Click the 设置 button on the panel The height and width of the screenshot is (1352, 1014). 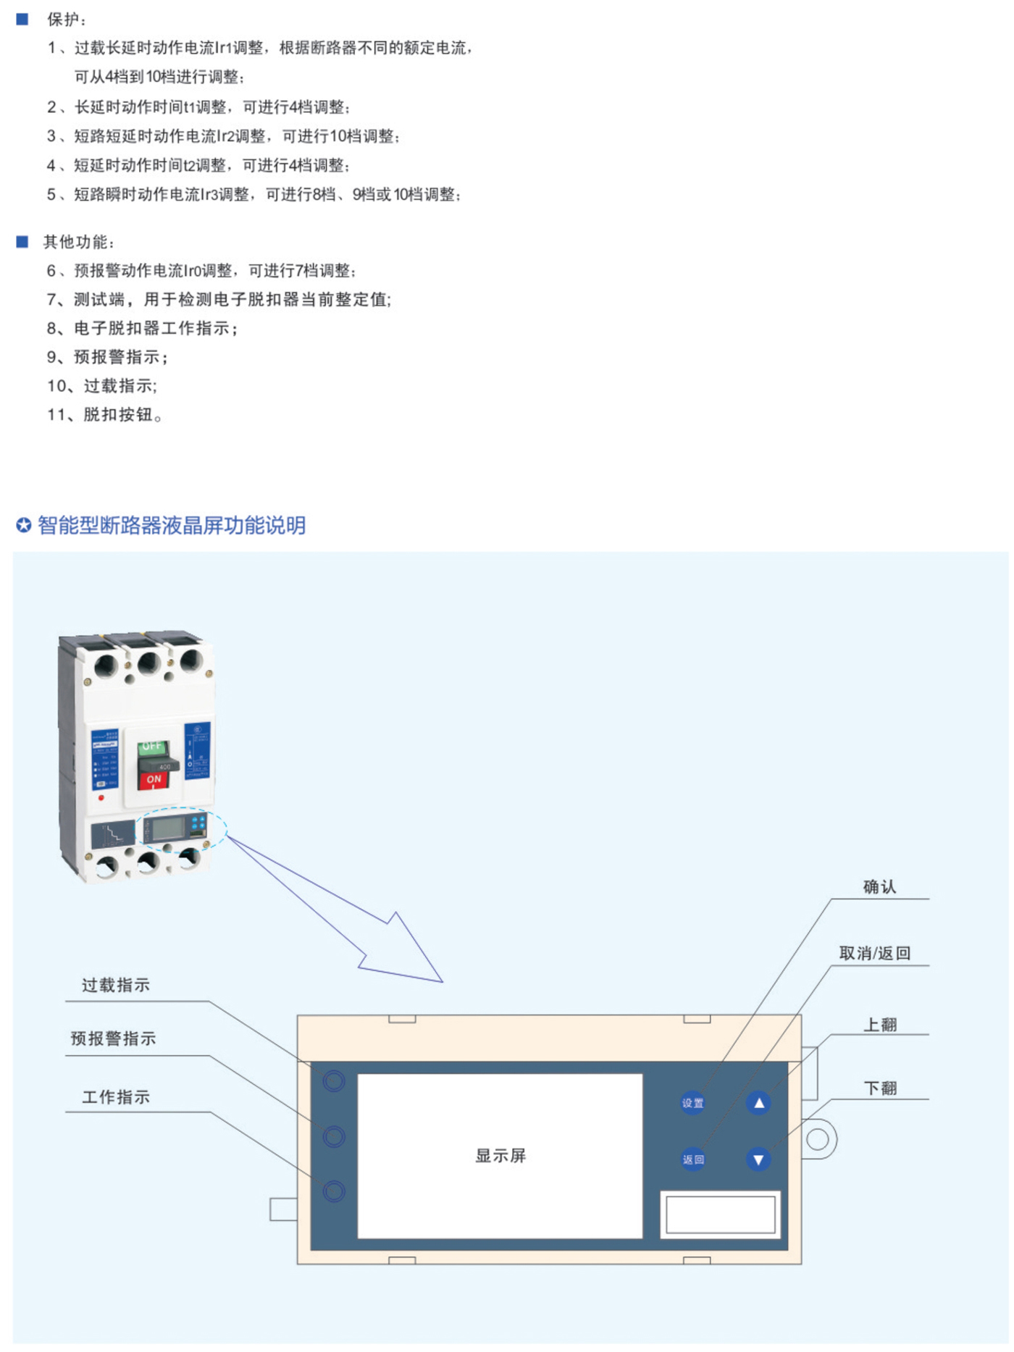coord(692,1103)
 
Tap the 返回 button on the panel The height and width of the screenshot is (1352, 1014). coord(692,1159)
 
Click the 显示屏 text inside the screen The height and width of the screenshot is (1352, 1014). coord(500,1156)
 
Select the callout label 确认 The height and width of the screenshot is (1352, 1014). coord(879,887)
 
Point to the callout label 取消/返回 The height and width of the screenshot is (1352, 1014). coord(874,953)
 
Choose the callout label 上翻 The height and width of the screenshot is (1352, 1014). coord(880,1025)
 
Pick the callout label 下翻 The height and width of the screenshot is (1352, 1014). coord(880,1088)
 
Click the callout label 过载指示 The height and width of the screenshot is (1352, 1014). coord(116,985)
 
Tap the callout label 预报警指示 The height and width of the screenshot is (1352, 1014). coord(113,1038)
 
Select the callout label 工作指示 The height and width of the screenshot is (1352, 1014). coord(116,1097)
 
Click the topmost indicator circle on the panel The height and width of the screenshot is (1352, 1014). coord(334,1081)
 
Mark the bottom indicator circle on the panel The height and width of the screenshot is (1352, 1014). coord(334,1191)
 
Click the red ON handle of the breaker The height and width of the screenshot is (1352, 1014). coord(154,779)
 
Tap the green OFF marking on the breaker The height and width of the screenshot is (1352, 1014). coord(152,747)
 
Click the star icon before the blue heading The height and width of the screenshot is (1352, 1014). coord(24,525)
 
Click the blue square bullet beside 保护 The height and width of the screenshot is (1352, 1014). coord(22,20)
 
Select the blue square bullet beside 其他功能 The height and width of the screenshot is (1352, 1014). coord(22,242)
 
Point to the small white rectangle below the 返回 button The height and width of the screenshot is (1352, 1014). coord(720,1214)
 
